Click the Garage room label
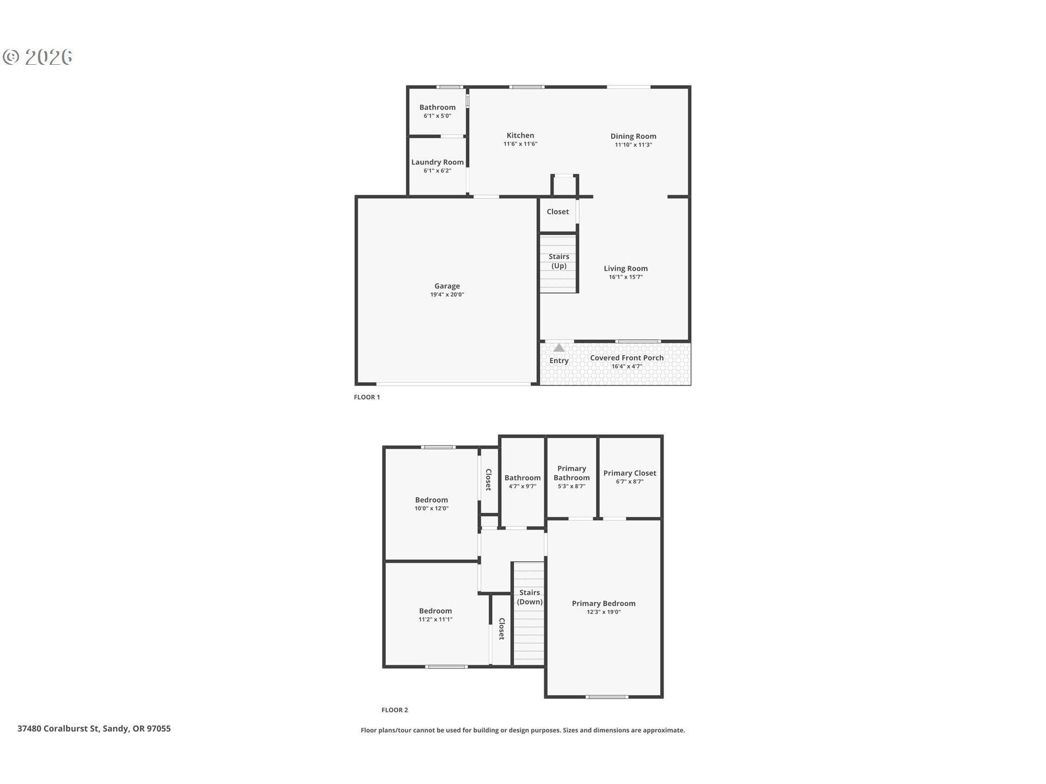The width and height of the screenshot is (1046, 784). pos(447,286)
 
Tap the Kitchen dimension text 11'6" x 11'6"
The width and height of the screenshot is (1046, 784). pos(520,144)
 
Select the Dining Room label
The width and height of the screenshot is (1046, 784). pos(633,136)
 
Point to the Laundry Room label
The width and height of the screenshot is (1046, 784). pos(437,162)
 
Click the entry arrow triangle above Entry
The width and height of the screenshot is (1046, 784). pos(559,347)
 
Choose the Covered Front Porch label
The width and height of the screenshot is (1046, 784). pos(627,358)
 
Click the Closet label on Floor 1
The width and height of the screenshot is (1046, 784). pos(557,212)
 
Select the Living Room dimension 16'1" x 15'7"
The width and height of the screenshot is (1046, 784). pos(625,277)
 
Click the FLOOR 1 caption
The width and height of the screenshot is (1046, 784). pos(367,397)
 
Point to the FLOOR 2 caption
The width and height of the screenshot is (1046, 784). pos(394,710)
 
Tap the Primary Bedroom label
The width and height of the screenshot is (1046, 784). pos(603,603)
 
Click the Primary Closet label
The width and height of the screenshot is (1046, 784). pos(629,473)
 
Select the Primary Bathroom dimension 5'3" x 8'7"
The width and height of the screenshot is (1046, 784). pos(571,486)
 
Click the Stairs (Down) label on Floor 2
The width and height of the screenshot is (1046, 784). pos(530,597)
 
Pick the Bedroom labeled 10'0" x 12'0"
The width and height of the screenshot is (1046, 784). pos(431,500)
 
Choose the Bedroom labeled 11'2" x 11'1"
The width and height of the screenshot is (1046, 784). pos(435,611)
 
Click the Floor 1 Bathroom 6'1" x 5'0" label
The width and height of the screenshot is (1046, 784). pos(437,107)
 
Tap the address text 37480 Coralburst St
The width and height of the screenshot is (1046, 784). pos(94,728)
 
